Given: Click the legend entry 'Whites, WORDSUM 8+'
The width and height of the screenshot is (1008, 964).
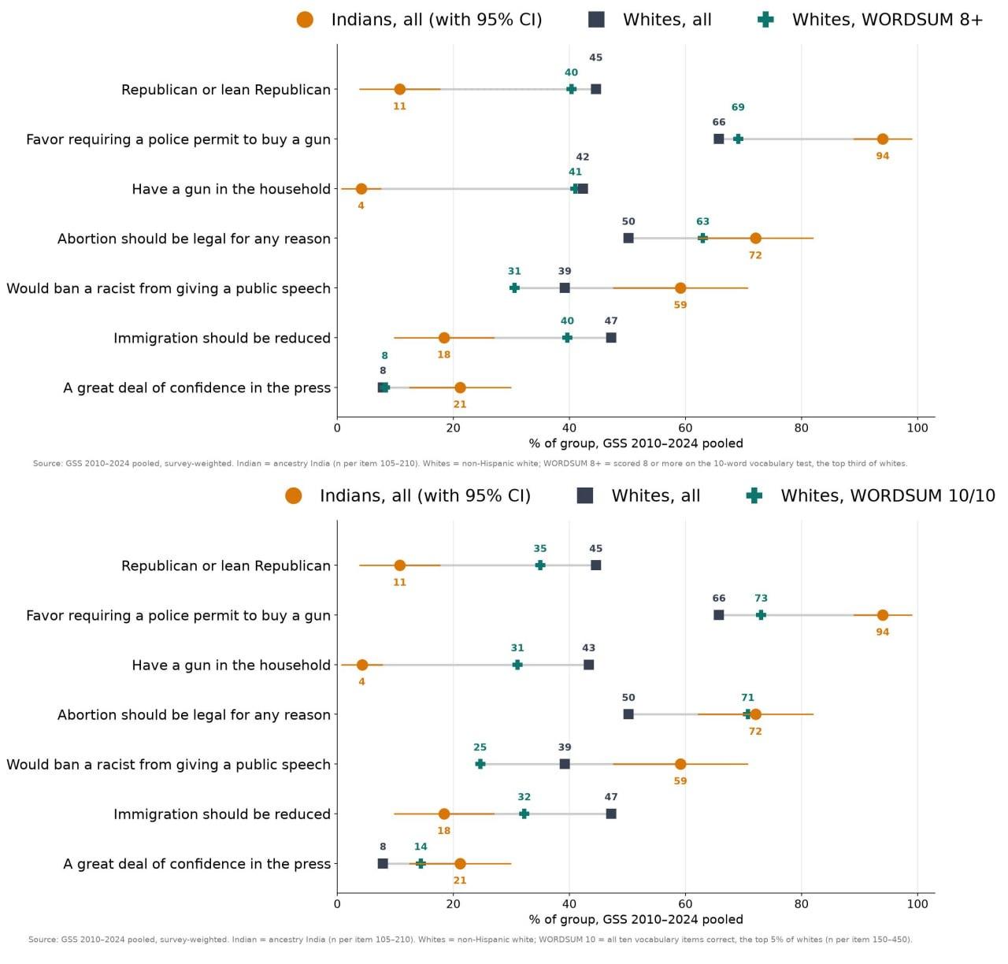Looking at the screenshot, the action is (x=869, y=20).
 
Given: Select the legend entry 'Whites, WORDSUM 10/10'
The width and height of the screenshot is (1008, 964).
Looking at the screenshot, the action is (x=870, y=495).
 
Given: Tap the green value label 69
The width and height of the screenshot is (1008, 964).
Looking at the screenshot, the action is (x=738, y=107).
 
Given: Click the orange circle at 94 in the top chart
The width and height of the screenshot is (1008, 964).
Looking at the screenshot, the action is (x=883, y=139).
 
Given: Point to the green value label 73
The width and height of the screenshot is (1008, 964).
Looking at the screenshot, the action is (x=761, y=599).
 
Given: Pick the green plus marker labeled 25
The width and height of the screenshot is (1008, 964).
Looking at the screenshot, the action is (x=480, y=764).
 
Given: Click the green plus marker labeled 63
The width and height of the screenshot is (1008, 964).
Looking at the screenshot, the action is (x=702, y=239).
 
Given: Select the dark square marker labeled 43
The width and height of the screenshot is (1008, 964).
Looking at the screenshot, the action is (x=588, y=665).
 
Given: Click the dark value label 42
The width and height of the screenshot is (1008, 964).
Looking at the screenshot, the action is (x=582, y=157).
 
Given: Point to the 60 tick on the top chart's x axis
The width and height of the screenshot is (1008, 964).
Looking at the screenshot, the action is (x=685, y=428).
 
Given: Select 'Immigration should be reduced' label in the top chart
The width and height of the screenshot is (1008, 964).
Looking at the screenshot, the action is (x=222, y=338).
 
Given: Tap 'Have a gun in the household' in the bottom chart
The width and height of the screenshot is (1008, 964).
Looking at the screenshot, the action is (x=231, y=666).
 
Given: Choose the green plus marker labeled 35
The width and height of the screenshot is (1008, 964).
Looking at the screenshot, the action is (x=539, y=565).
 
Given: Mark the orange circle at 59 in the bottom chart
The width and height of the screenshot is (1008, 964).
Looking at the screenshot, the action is (x=680, y=764).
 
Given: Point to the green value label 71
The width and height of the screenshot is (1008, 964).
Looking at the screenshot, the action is (x=747, y=698).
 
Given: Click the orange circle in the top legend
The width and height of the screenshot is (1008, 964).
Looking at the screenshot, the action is (x=305, y=20).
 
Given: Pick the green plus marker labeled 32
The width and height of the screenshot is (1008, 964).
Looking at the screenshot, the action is (x=524, y=814).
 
